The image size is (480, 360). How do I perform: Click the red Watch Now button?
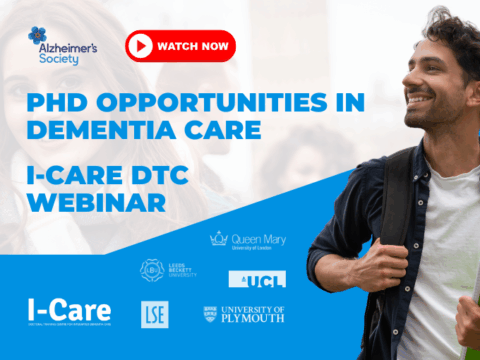click(180, 46)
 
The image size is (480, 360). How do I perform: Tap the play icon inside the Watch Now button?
click(142, 46)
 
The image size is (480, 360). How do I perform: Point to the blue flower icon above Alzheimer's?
click(38, 36)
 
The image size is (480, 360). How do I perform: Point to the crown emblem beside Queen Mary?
click(218, 239)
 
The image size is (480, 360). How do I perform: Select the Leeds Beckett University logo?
click(167, 270)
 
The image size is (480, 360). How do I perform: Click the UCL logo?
click(242, 279)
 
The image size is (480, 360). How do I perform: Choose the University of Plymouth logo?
click(243, 314)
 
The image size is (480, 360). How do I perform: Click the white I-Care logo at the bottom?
click(69, 311)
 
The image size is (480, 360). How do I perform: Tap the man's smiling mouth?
click(421, 101)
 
